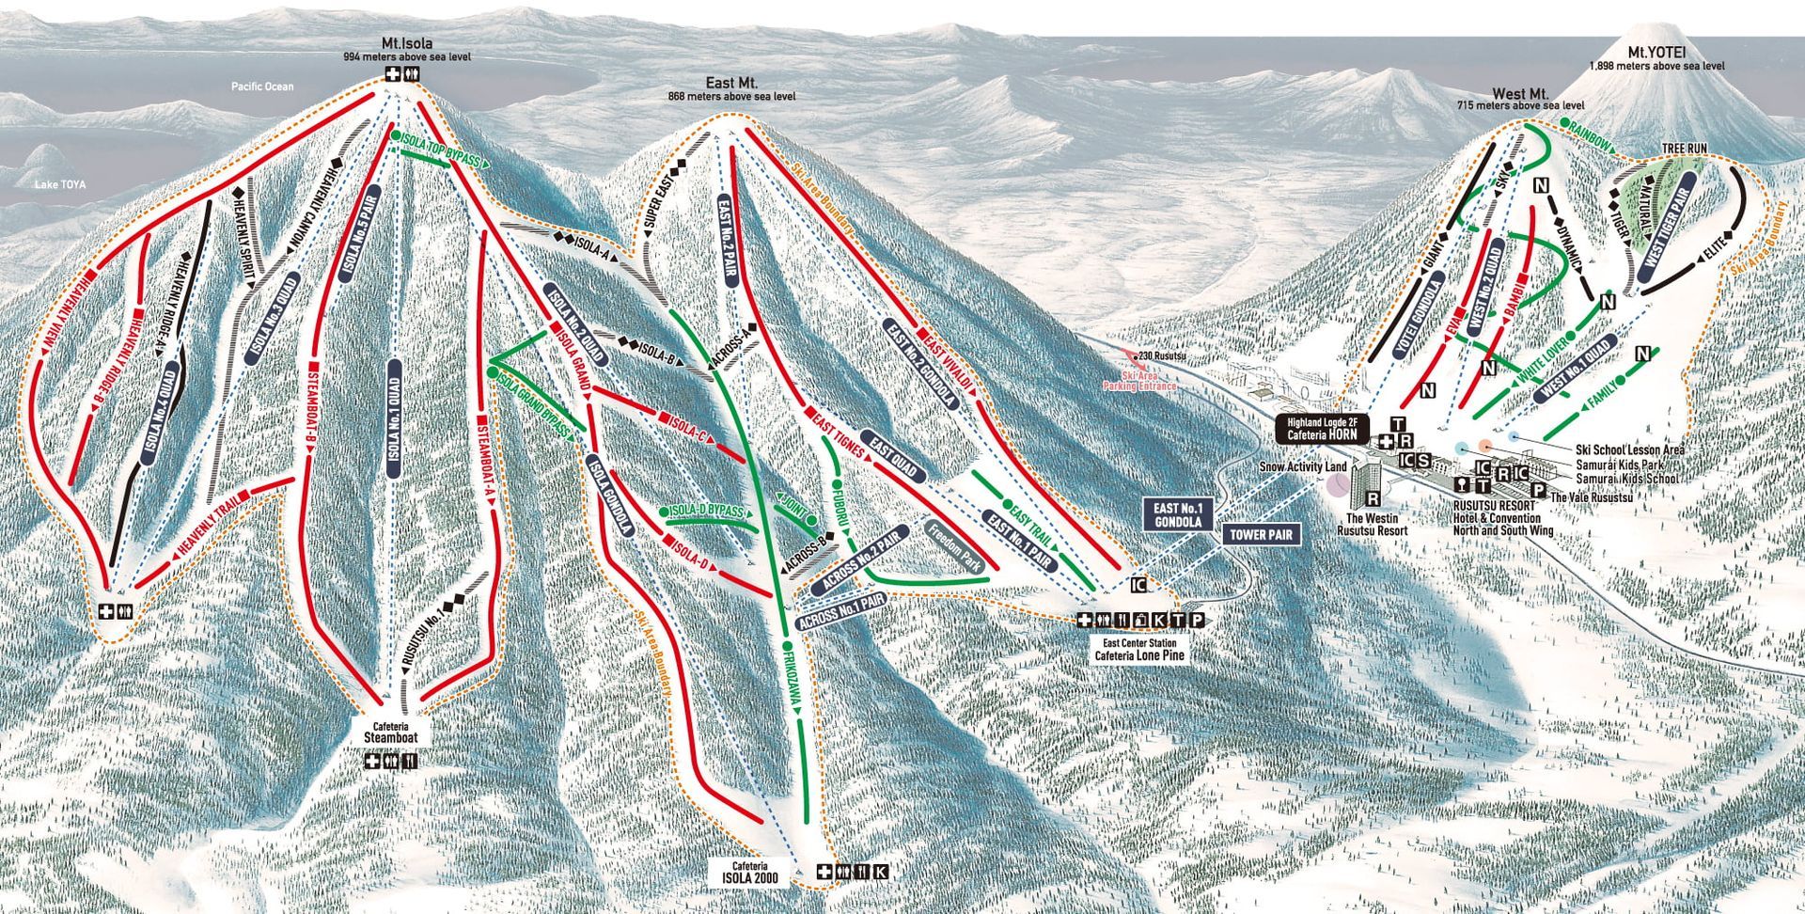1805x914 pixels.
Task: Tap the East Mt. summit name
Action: (731, 84)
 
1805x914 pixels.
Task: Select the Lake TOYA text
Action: (60, 185)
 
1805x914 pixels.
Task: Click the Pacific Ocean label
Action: (263, 87)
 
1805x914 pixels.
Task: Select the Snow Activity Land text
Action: (1304, 467)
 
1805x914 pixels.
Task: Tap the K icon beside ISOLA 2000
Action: (880, 872)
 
